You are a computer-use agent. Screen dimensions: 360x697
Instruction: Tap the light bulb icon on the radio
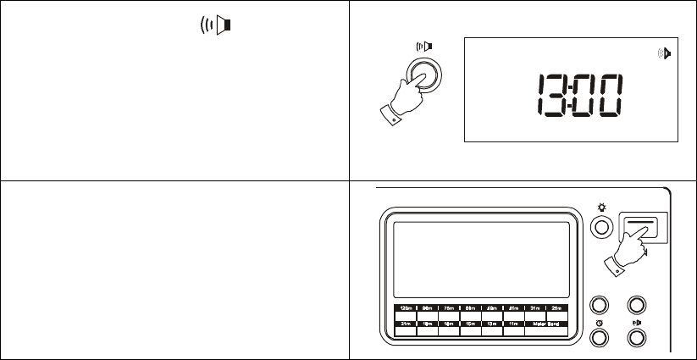tap(601, 208)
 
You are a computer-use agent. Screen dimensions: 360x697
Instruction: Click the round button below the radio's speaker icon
tap(635, 337)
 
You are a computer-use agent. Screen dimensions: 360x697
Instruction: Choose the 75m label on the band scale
tap(449, 308)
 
